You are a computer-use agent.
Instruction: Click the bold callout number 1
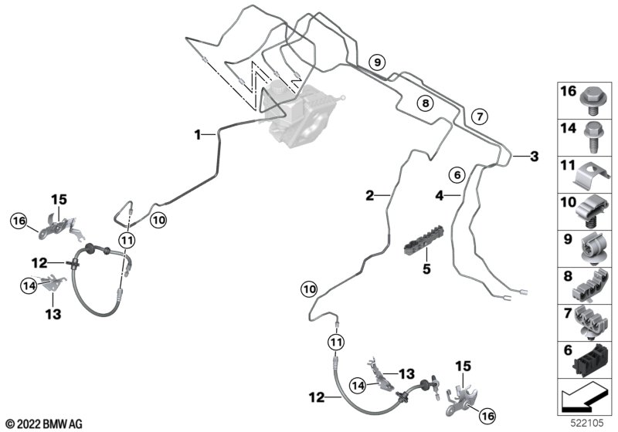pos(199,135)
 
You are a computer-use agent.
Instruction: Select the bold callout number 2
pos(371,196)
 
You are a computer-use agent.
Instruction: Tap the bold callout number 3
pos(532,157)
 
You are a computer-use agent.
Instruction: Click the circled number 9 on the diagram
pos(376,61)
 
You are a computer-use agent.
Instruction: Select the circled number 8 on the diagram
pos(425,102)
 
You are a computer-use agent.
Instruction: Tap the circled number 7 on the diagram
pos(479,116)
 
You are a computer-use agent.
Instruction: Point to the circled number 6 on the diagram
pos(457,175)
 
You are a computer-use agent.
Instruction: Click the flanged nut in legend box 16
pos(593,99)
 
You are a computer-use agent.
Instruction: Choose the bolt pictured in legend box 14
pos(593,137)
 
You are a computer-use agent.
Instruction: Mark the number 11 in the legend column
pos(567,164)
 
